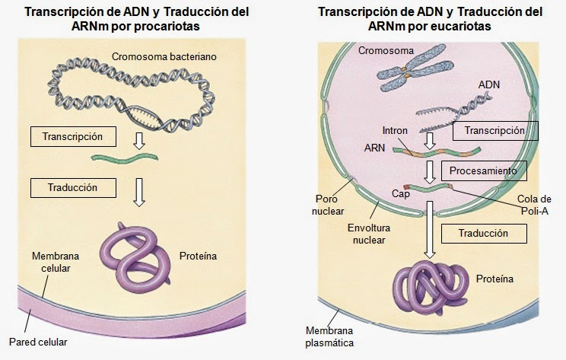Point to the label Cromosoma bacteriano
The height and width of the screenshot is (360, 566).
coord(164,56)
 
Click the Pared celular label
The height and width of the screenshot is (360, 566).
coord(38,342)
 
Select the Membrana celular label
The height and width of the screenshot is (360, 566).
coord(56,262)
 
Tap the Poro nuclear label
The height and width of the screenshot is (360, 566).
coord(328,205)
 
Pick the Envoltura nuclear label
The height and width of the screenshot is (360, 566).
coord(369,234)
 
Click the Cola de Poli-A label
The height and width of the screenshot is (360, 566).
coord(534,205)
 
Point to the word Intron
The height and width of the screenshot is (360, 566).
coord(395,130)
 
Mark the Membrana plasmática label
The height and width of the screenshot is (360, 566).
coord(329,336)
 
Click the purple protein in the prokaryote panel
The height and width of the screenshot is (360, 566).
coord(135,258)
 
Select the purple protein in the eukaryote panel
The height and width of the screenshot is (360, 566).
coord(431,286)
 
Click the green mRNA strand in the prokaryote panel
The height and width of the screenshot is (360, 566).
coord(125,158)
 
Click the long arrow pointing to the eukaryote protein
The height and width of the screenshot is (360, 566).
coord(430,230)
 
